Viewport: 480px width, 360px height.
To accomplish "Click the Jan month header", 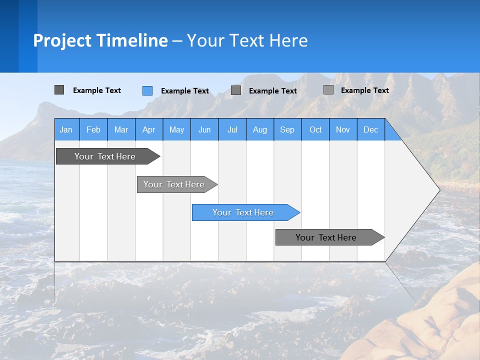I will (x=66, y=129).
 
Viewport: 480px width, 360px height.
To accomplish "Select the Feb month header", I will (x=93, y=129).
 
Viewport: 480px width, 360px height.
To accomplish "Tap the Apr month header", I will (x=148, y=129).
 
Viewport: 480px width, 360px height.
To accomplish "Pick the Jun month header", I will (x=204, y=129).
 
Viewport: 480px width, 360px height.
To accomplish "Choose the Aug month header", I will (x=259, y=129).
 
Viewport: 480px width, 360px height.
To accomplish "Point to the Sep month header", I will (x=287, y=129).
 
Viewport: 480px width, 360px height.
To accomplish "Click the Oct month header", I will (x=315, y=129).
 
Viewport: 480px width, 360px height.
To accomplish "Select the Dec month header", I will (x=370, y=129).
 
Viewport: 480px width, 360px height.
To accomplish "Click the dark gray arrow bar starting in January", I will (x=105, y=156).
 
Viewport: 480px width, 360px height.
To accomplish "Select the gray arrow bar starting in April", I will (x=174, y=184).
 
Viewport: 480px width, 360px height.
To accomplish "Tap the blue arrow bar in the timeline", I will (x=243, y=212).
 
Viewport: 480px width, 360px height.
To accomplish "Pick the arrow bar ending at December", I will (x=326, y=237).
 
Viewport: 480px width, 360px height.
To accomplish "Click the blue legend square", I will (x=147, y=90).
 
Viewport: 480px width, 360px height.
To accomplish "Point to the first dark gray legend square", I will (x=59, y=90).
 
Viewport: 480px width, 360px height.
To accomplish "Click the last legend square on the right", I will (x=328, y=90).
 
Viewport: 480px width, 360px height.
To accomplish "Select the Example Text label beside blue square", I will (x=185, y=91).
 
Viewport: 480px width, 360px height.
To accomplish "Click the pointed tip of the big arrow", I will (x=437, y=190).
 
